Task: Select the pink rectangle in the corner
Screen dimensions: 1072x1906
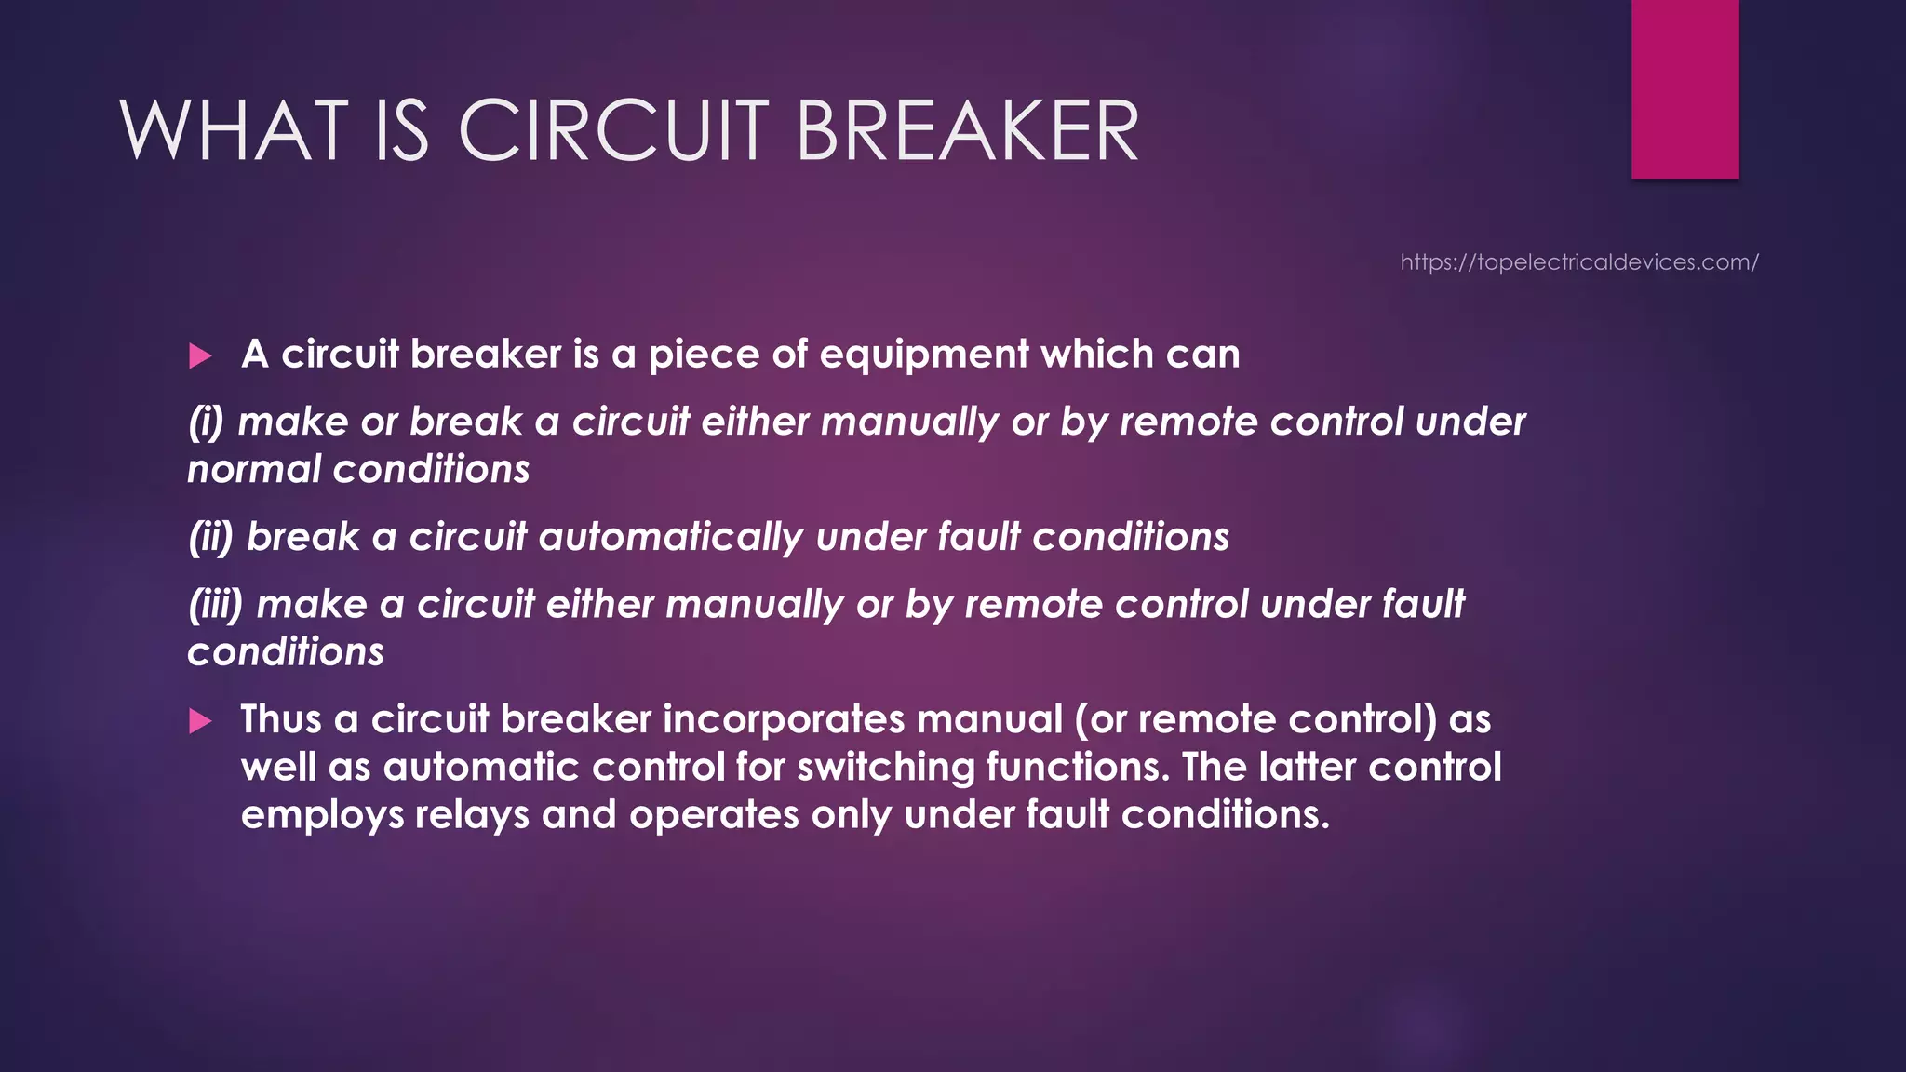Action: (x=1685, y=88)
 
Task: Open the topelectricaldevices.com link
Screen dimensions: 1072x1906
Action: (x=1579, y=262)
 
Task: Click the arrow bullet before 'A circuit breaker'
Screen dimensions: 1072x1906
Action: (x=200, y=355)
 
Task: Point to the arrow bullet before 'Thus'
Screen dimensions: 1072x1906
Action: (x=200, y=721)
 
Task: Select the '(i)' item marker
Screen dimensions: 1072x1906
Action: (x=206, y=422)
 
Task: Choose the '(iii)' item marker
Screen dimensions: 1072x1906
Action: (x=215, y=605)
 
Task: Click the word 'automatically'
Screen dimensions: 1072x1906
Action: (x=670, y=537)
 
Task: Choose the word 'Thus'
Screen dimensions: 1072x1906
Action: (x=281, y=719)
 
